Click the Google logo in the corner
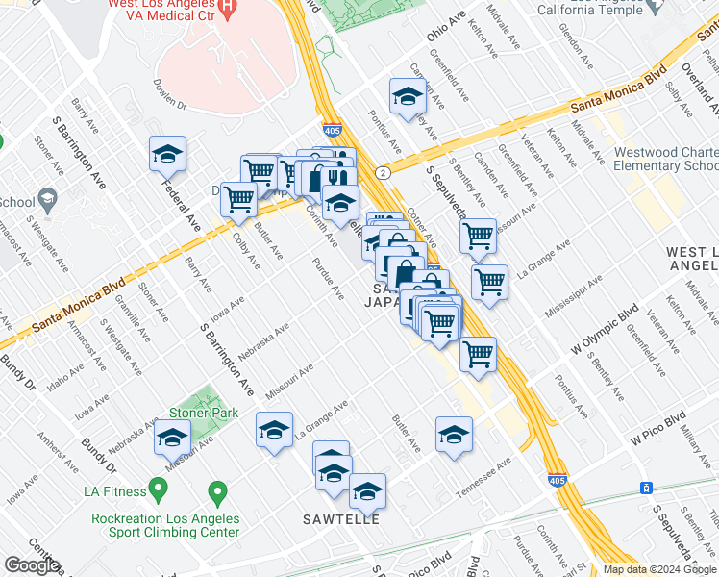[32, 565]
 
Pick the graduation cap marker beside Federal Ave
[167, 155]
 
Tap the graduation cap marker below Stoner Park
[173, 438]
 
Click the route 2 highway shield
[383, 172]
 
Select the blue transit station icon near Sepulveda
[647, 488]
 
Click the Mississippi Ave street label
[573, 298]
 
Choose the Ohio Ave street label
[445, 29]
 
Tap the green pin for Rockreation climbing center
[217, 493]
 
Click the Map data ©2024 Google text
[659, 569]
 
